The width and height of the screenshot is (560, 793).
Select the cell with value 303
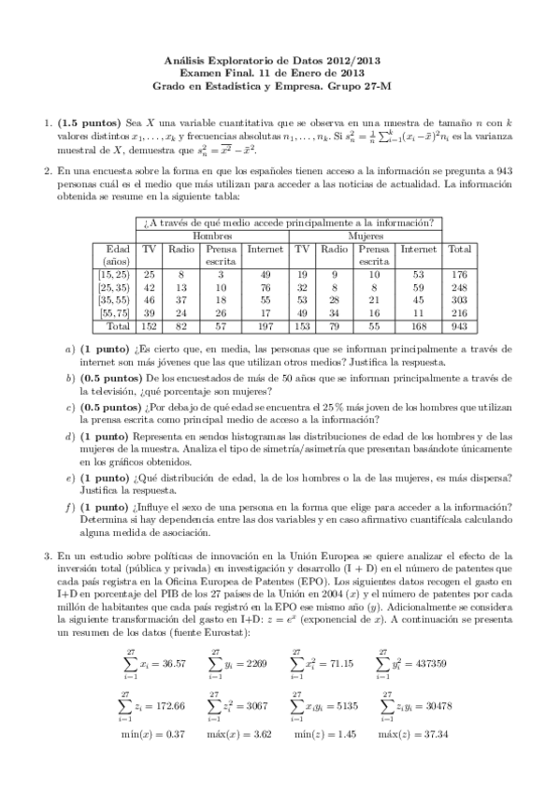pos(459,300)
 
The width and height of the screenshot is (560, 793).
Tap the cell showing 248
pos(459,287)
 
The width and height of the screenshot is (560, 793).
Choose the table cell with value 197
pos(266,326)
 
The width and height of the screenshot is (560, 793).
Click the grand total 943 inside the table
pos(459,326)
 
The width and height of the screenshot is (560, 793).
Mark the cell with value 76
pos(266,287)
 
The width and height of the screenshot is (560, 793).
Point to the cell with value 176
pos(459,274)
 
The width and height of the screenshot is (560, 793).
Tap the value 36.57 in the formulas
pos(165,663)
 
